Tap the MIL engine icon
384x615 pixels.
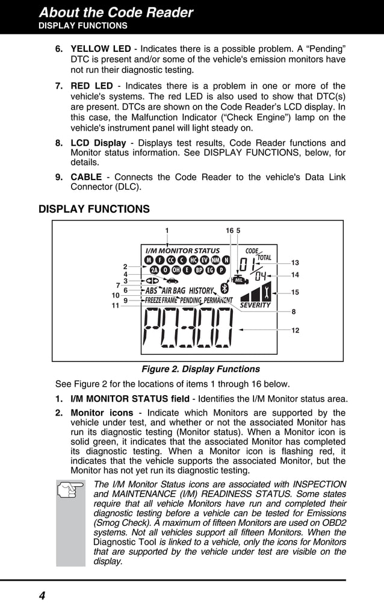click(238, 279)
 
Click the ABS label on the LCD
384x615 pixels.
click(152, 291)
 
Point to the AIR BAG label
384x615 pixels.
click(173, 291)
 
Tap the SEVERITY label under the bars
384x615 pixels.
click(255, 305)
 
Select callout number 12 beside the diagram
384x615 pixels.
click(295, 331)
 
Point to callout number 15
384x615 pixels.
click(295, 292)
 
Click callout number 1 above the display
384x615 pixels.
click(167, 230)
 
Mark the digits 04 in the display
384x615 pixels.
click(260, 276)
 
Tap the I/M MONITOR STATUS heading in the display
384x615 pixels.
click(182, 251)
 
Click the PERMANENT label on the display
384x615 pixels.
click(218, 301)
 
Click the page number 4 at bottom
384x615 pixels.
click(42, 596)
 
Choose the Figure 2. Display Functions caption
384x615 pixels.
click(200, 369)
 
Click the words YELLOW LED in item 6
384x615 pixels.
click(101, 48)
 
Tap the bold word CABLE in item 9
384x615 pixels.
click(86, 177)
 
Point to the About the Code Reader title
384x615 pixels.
click(116, 13)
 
